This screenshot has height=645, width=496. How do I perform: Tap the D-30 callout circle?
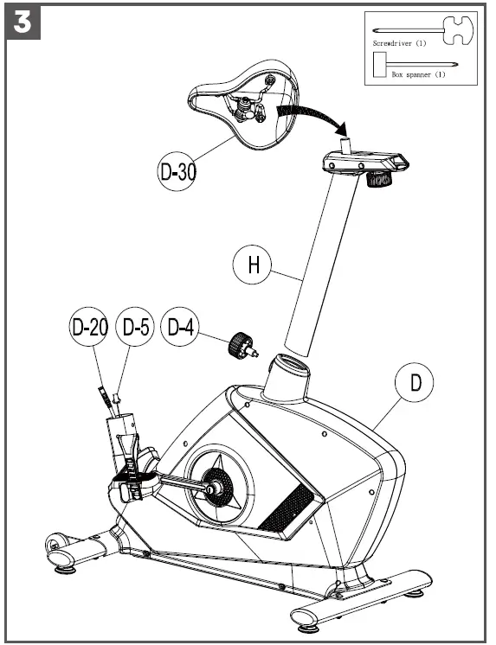pyautogui.click(x=177, y=171)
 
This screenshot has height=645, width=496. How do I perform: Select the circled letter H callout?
pyautogui.click(x=254, y=264)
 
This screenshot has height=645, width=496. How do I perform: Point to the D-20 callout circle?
pyautogui.click(x=90, y=329)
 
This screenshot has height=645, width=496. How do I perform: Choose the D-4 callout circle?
pyautogui.click(x=184, y=329)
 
